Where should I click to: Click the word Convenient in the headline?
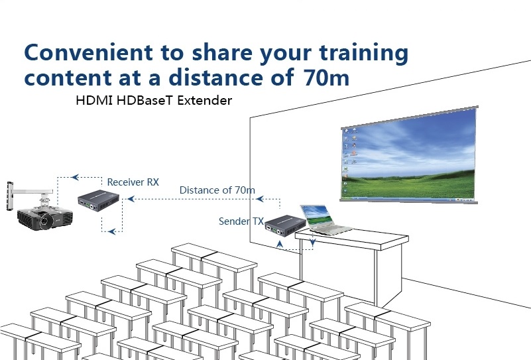click(x=89, y=52)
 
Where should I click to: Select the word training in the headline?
click(x=364, y=54)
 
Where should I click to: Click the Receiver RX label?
click(x=133, y=182)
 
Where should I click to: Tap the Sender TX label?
click(x=241, y=221)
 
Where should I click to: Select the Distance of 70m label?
click(x=217, y=190)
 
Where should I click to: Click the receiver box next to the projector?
click(x=98, y=200)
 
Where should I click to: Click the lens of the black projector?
click(x=44, y=222)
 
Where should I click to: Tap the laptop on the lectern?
click(x=324, y=220)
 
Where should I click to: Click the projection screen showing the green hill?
click(x=409, y=155)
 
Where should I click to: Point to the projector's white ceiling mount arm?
click(x=30, y=193)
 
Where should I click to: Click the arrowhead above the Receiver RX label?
click(x=76, y=177)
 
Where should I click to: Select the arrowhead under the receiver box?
click(x=112, y=231)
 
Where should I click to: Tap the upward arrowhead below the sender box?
click(x=280, y=244)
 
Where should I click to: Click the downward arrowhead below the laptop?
click(x=313, y=243)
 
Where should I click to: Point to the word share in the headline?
click(x=222, y=52)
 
